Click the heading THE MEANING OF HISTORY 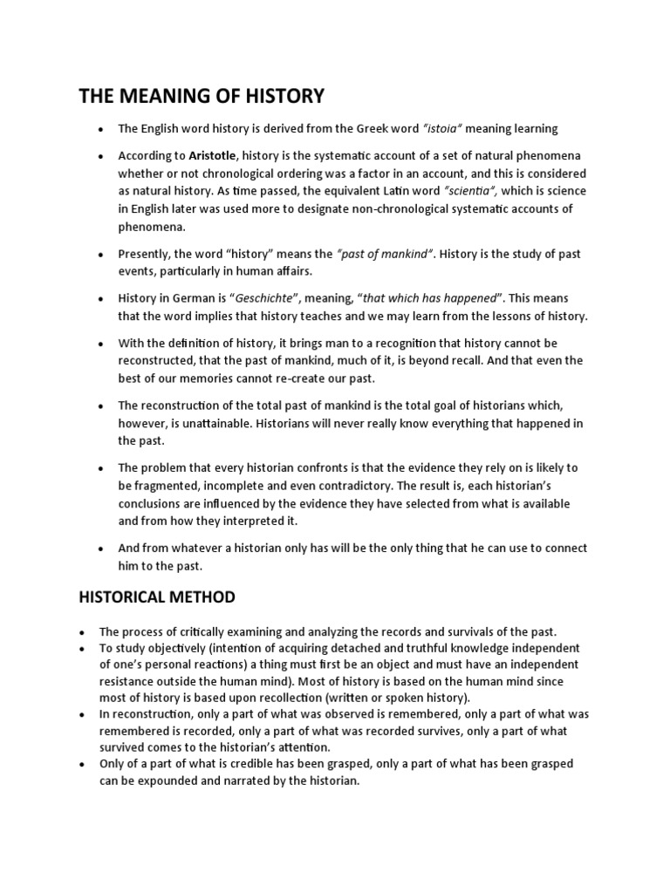(202, 96)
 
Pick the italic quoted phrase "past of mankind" (385, 255)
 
